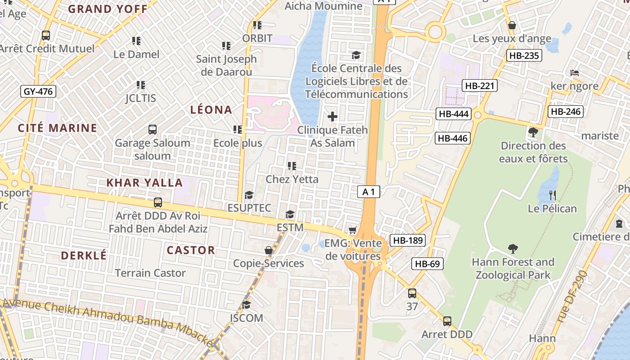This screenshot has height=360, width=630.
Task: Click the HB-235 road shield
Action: tap(524, 55)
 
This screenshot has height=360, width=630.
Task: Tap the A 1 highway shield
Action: tap(369, 192)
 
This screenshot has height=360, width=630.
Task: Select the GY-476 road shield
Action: tap(38, 91)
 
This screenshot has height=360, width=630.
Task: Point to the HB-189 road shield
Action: tap(408, 240)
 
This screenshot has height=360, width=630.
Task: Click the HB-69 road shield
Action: tap(427, 264)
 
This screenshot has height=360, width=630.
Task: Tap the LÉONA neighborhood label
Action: tap(211, 110)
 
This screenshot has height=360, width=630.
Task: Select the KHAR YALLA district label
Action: tap(144, 183)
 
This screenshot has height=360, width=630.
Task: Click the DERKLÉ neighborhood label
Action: tap(84, 256)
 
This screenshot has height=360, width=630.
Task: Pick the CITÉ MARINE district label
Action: tap(58, 128)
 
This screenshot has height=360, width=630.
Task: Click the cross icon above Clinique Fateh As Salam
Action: tap(333, 117)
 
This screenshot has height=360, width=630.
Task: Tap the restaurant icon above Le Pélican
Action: tap(553, 195)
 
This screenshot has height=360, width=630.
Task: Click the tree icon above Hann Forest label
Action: tap(513, 248)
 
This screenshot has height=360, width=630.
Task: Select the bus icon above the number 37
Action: tap(412, 294)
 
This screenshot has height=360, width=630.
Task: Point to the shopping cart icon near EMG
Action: tap(353, 230)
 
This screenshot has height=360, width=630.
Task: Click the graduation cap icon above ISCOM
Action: tap(246, 305)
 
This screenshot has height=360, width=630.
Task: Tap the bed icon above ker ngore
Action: tap(574, 72)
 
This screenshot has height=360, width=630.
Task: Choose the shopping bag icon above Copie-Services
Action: tap(269, 250)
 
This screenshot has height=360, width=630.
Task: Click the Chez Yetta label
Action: tap(292, 179)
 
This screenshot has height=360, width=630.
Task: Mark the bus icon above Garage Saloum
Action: tap(153, 130)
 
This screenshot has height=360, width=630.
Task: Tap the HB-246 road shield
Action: tap(565, 112)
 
